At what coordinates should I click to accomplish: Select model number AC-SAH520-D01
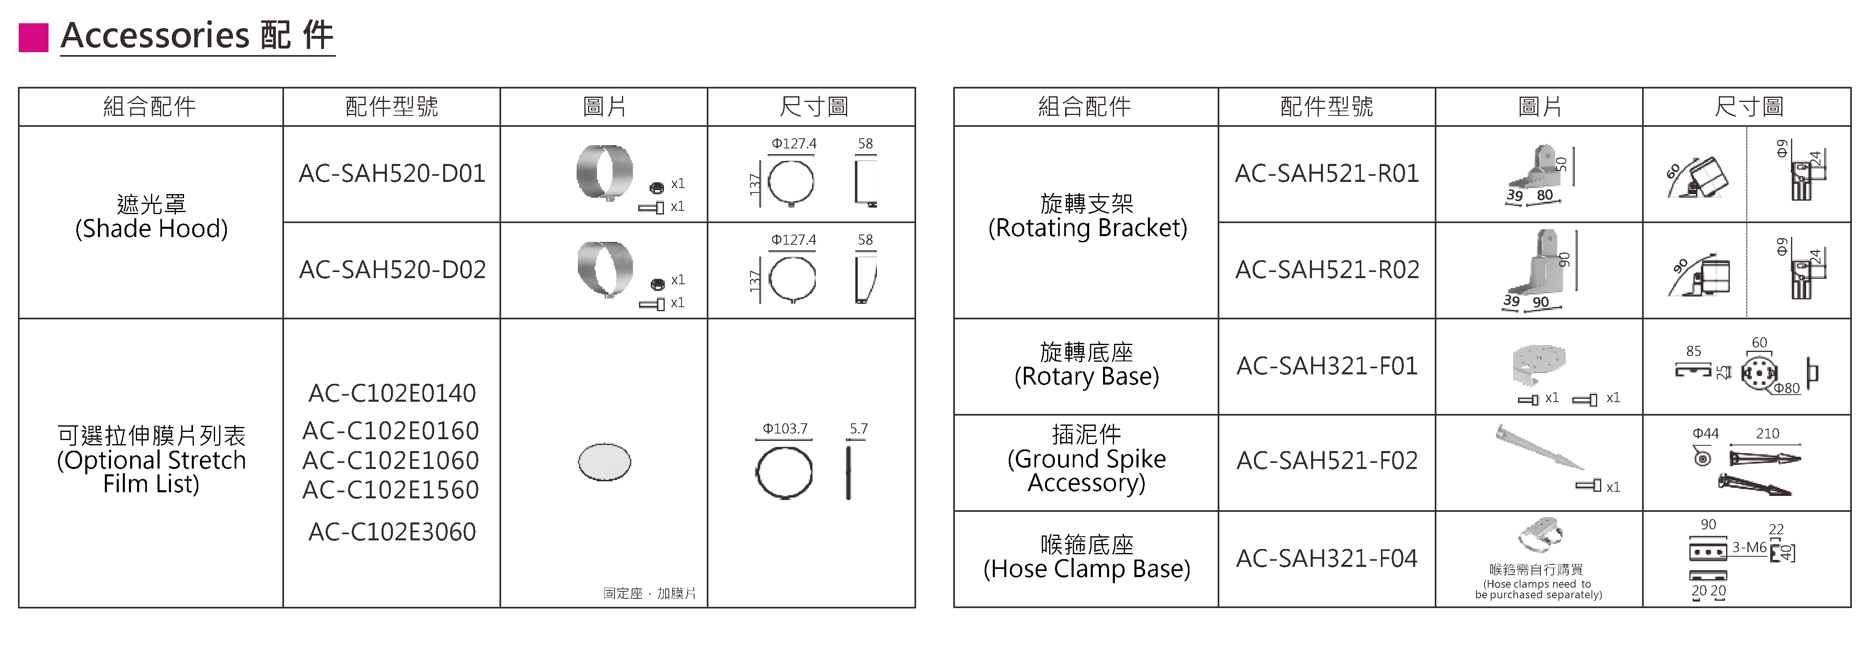coord(391,173)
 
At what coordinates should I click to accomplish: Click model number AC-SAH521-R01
coord(1327,173)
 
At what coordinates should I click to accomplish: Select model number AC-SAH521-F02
coord(1327,460)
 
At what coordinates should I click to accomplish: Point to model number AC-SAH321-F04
coord(1327,558)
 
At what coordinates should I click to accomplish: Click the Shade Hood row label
coord(151,216)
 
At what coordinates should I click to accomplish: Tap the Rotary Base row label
coord(1087,364)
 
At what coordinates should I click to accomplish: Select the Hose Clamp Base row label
coord(1087,557)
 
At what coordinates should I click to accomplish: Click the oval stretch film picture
coord(604,462)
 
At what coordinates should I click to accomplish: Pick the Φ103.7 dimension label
coord(784,429)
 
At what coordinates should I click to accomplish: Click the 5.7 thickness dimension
coord(859,429)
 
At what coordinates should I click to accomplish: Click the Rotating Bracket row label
coord(1087,216)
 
